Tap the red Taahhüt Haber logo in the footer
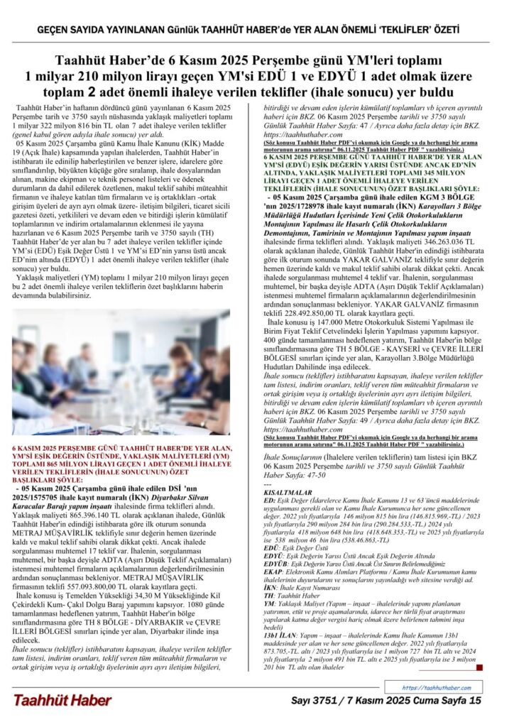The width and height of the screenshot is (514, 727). pos(62,700)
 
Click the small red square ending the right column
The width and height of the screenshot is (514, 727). pos(479,667)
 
